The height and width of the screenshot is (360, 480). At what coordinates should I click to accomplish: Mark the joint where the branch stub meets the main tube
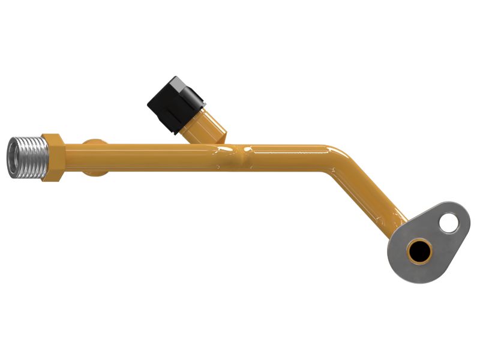click(231, 150)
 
